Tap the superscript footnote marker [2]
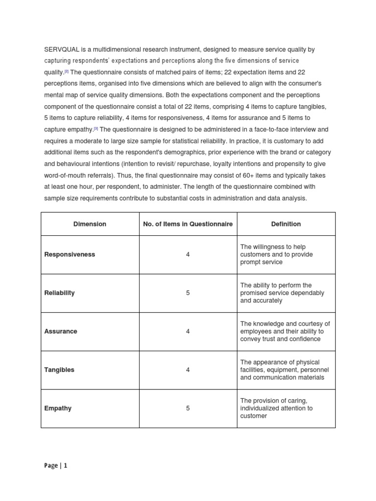click(x=67, y=71)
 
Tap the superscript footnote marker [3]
click(x=96, y=129)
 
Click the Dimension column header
click(x=90, y=224)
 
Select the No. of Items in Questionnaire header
click(x=188, y=224)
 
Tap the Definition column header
click(x=286, y=224)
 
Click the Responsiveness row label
click(x=70, y=254)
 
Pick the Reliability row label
click(x=60, y=293)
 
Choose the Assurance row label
click(x=61, y=331)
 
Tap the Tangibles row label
click(x=59, y=370)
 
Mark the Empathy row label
click(x=58, y=408)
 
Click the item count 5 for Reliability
click(x=188, y=293)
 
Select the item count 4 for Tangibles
click(x=188, y=370)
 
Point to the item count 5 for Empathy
click(x=188, y=408)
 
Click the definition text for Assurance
click(x=285, y=331)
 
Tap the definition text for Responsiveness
click(x=276, y=254)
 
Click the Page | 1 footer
click(x=55, y=466)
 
